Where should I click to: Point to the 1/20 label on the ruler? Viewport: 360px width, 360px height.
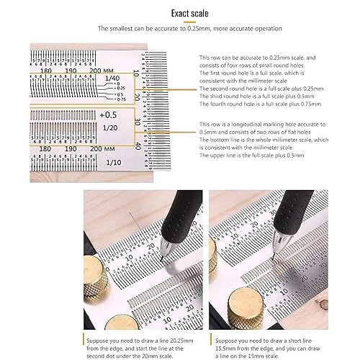[109, 127]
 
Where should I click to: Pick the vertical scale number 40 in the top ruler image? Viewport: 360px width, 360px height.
[137, 145]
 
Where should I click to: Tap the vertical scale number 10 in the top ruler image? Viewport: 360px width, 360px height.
[137, 75]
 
